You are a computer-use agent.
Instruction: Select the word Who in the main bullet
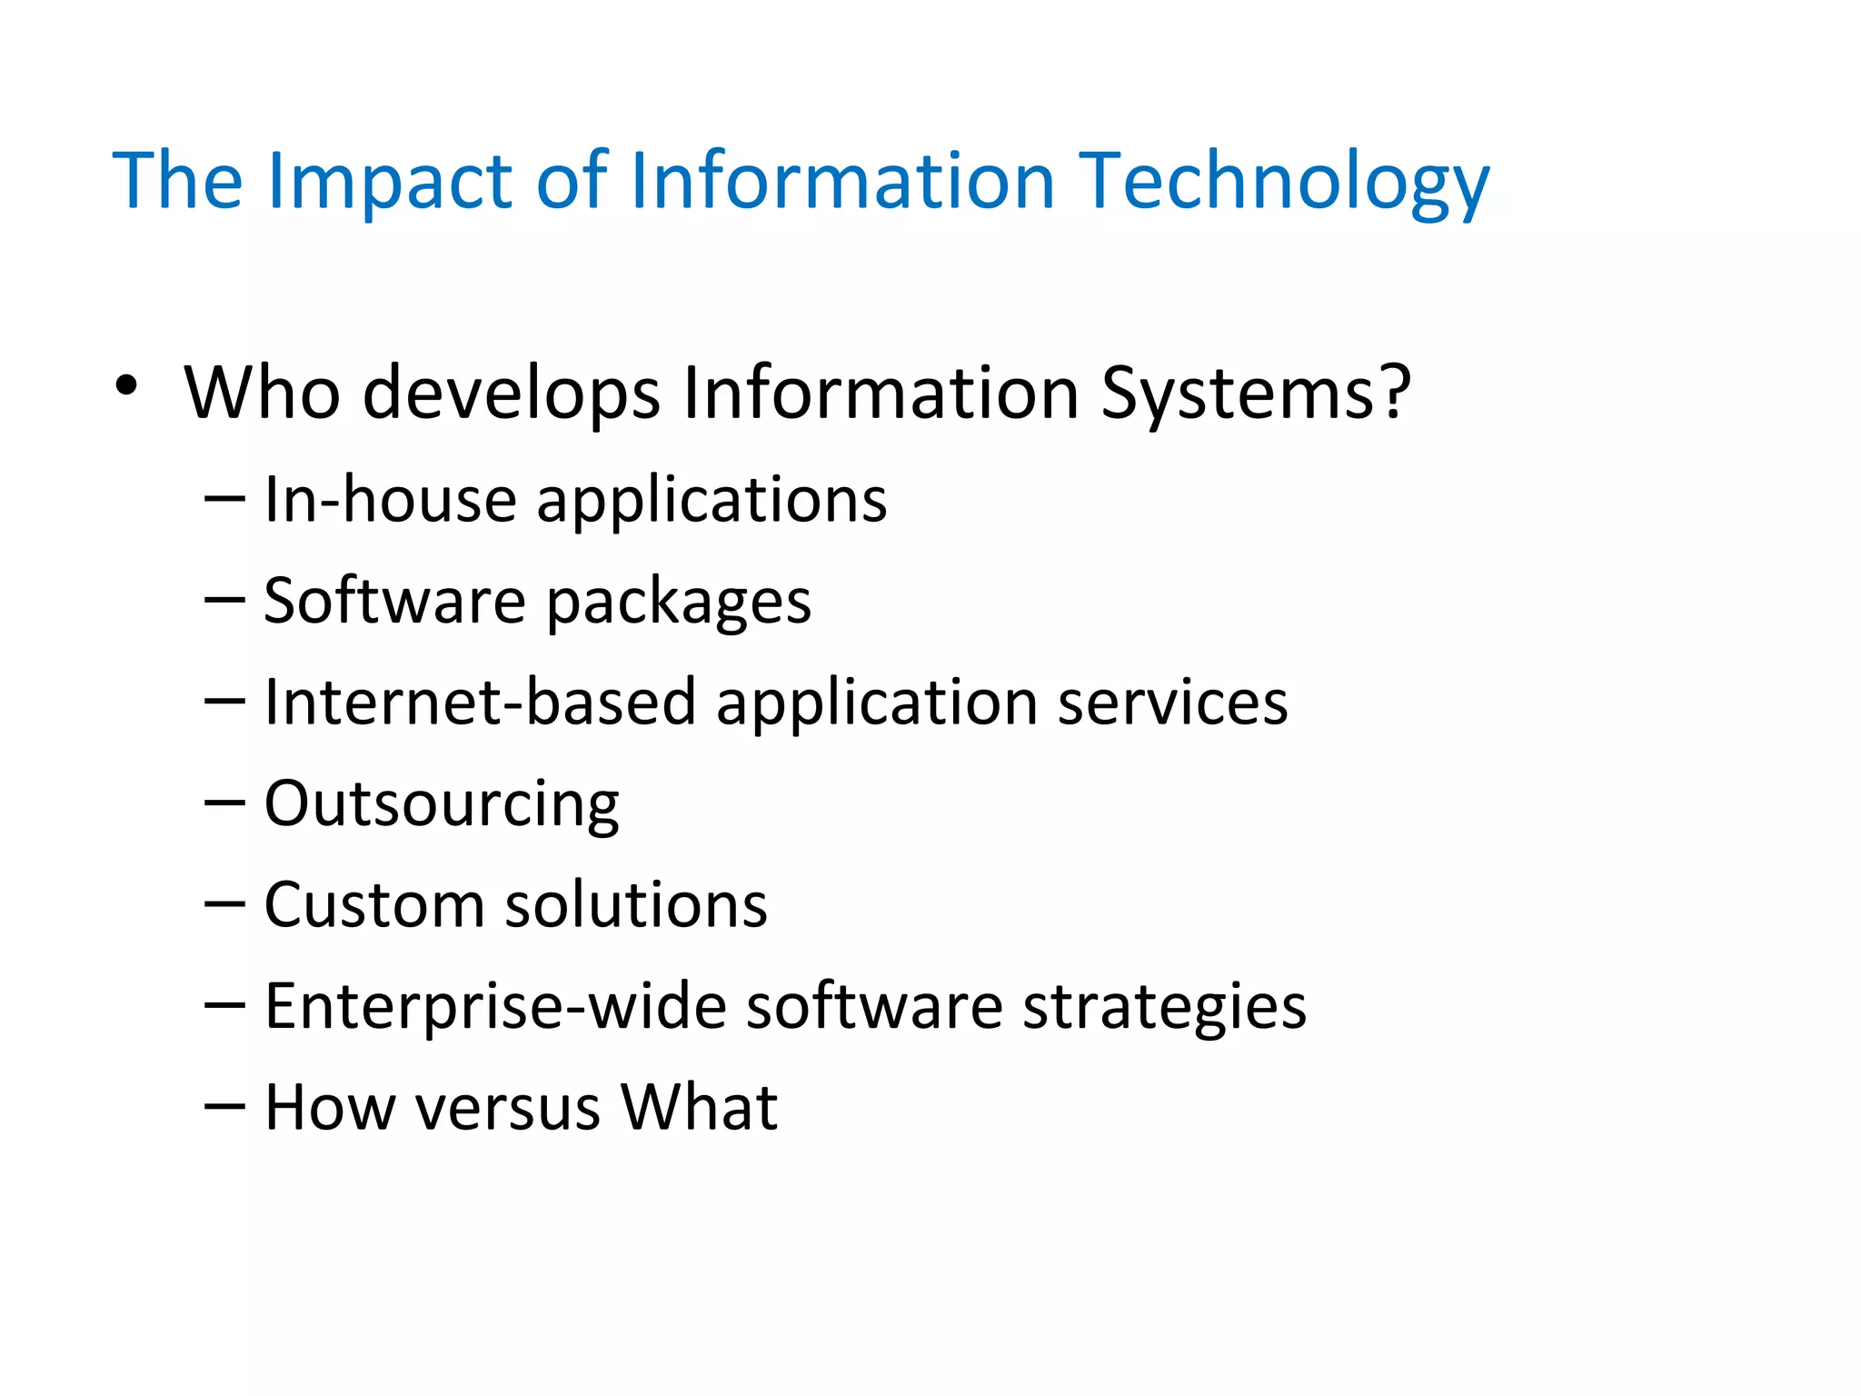coord(263,393)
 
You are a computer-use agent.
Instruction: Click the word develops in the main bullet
coord(512,393)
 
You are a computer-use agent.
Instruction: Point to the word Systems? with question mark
coord(1256,393)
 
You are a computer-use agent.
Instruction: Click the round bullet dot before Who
coord(126,387)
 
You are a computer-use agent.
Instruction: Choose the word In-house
coord(390,500)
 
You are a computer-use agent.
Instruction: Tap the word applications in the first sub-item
coord(712,500)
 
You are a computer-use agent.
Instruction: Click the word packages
coord(678,602)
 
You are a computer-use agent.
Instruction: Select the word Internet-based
coord(480,703)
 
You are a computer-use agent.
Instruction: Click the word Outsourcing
coord(442,804)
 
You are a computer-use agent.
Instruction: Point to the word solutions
coord(636,905)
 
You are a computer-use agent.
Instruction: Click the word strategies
coord(1164,1006)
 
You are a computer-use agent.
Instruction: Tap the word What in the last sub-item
coord(699,1108)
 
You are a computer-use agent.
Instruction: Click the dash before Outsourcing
coord(224,803)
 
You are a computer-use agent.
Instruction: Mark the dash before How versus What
coord(224,1106)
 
